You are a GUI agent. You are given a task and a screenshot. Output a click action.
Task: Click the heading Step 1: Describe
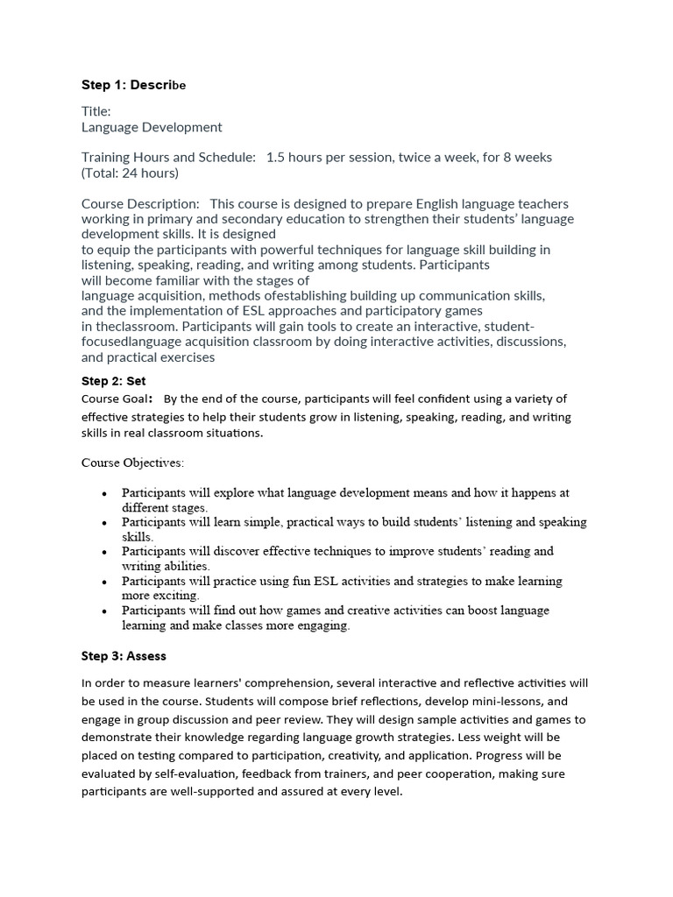pyautogui.click(x=133, y=85)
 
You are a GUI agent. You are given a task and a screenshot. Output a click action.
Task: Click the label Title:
pyautogui.click(x=96, y=111)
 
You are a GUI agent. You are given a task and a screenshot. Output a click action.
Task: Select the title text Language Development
pyautogui.click(x=152, y=127)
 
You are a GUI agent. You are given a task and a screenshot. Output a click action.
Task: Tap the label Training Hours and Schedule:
pyautogui.click(x=168, y=157)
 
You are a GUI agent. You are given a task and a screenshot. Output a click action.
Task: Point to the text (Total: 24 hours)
pyautogui.click(x=130, y=173)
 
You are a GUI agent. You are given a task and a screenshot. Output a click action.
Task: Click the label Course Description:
pyautogui.click(x=140, y=203)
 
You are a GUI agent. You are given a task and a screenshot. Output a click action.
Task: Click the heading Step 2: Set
pyautogui.click(x=114, y=381)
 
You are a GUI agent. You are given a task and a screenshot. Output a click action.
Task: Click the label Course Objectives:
pyautogui.click(x=132, y=462)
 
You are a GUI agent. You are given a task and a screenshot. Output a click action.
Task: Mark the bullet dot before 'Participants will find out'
pyautogui.click(x=104, y=611)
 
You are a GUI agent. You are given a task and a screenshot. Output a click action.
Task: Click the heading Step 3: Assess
pyautogui.click(x=124, y=655)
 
